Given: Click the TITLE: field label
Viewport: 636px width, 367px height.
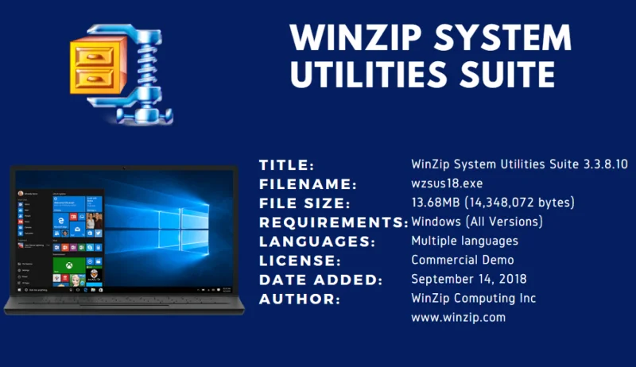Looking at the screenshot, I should [287, 165].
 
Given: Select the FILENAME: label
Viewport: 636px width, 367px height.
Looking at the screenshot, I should [307, 184].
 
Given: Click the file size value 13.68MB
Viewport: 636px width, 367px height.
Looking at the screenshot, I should [436, 203].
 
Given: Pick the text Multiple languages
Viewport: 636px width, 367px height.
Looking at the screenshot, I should [465, 240].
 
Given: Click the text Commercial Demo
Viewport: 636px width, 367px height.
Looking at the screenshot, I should [463, 259].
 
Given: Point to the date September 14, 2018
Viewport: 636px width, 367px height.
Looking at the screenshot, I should [469, 279].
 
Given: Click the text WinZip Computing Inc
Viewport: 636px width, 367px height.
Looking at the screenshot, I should [474, 298].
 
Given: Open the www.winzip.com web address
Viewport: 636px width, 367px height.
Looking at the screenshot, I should [458, 317].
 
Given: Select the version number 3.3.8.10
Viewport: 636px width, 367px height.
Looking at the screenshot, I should [603, 164].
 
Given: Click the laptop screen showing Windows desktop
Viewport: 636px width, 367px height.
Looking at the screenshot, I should [125, 235].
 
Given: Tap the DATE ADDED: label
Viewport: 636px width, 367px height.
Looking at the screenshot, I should [321, 280].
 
